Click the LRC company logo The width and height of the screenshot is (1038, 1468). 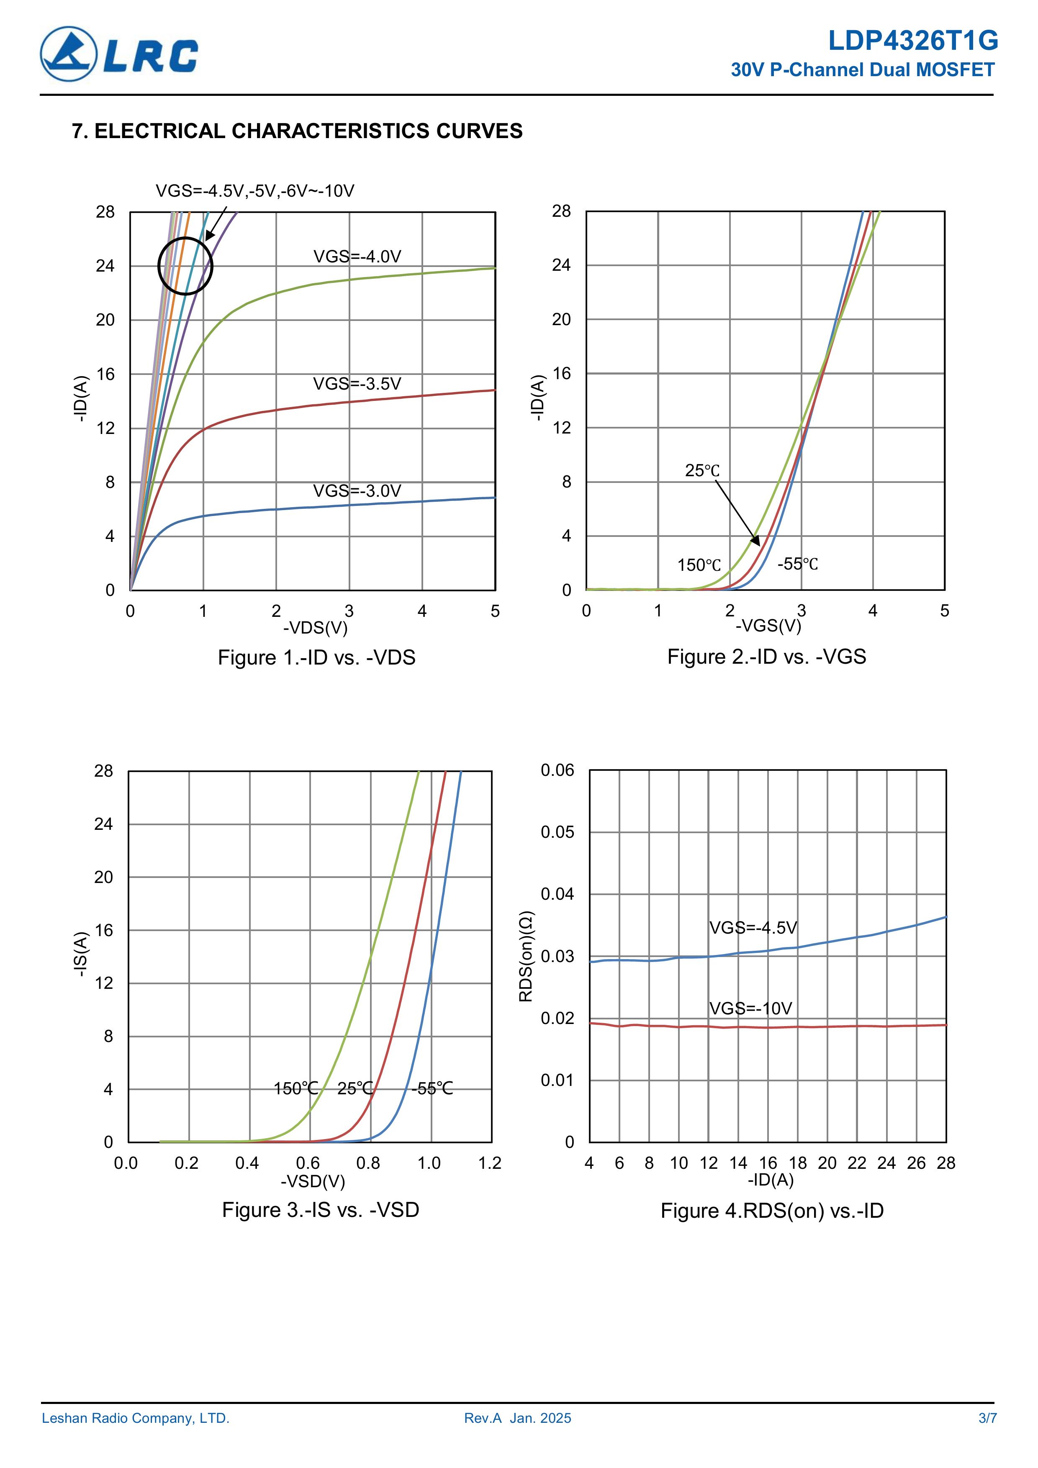click(x=119, y=54)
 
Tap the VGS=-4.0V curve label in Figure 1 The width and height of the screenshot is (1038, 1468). click(x=357, y=257)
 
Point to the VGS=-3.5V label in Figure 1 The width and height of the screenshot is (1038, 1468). click(x=357, y=384)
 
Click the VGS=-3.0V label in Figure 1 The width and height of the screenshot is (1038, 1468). click(x=357, y=491)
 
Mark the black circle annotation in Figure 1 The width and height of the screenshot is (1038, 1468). click(x=185, y=266)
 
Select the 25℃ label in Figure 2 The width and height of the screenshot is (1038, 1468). click(x=702, y=471)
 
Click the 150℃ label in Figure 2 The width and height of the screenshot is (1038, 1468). click(x=699, y=565)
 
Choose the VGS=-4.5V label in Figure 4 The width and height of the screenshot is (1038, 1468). click(x=753, y=928)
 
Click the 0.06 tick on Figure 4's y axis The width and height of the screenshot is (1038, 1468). click(x=557, y=770)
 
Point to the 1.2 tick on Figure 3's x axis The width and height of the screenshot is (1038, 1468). click(x=490, y=1163)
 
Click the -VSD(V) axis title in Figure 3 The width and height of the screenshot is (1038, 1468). click(x=313, y=1182)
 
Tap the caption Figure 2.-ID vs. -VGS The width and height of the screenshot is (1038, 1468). click(x=766, y=657)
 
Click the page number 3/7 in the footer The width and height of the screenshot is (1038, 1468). click(x=987, y=1419)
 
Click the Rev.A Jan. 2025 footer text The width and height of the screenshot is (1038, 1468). click(x=517, y=1419)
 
